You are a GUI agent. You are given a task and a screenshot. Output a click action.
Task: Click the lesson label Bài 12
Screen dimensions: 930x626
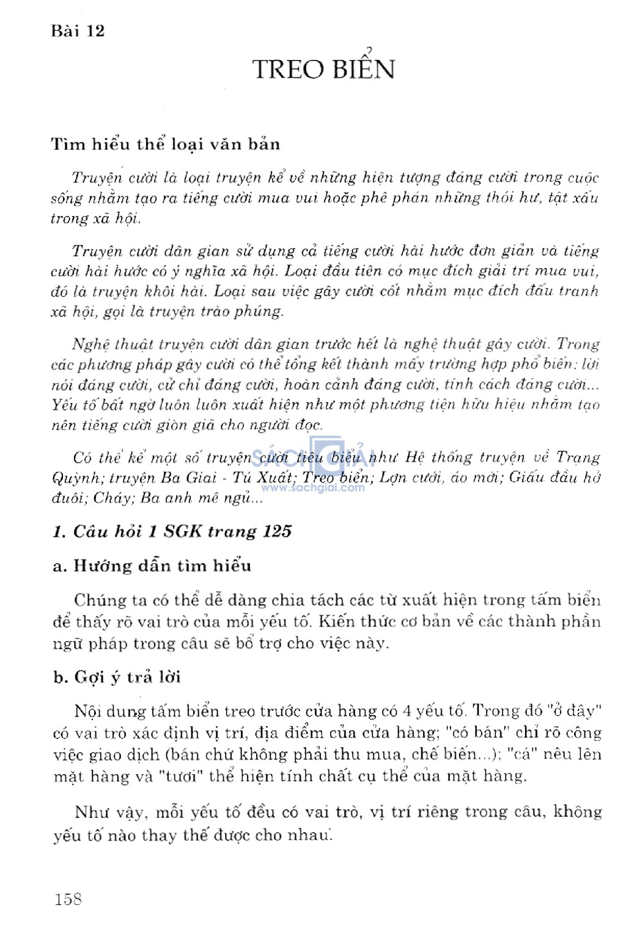click(78, 31)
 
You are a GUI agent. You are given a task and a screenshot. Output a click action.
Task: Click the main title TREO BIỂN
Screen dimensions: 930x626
click(323, 69)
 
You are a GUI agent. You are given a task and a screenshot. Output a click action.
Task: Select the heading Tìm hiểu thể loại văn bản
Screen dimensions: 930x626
click(165, 144)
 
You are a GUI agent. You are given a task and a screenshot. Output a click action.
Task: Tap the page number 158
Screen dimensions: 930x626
click(68, 899)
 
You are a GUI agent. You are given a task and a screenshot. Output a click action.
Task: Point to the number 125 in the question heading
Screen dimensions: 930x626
click(278, 531)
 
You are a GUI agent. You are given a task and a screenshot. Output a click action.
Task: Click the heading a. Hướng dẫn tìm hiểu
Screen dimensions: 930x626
click(152, 565)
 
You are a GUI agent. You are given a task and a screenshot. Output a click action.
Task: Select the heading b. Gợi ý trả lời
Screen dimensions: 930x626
click(117, 677)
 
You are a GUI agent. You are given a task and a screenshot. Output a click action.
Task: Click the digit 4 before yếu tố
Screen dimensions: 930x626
click(407, 711)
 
